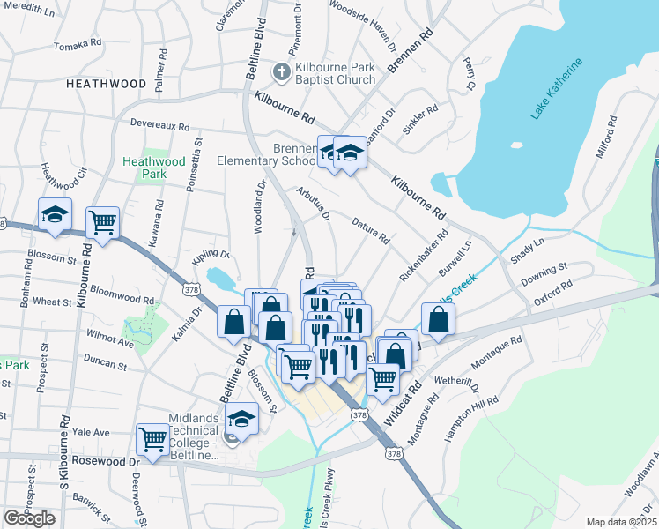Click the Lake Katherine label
click(558, 90)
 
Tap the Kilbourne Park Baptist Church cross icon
click(281, 71)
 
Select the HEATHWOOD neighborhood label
click(106, 84)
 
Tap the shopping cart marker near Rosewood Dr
click(154, 438)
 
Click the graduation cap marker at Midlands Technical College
click(242, 419)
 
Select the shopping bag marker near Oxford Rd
click(438, 320)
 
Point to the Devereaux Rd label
click(159, 126)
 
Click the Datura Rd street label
click(371, 231)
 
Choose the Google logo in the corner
click(29, 518)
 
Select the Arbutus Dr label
click(313, 204)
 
